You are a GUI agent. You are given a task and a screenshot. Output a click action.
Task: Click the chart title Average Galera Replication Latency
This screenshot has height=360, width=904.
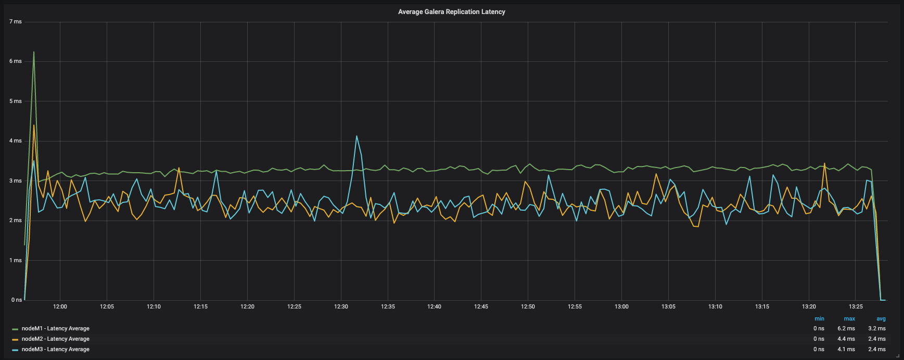pos(451,12)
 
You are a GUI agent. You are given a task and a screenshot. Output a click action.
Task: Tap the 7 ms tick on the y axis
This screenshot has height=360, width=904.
pos(16,22)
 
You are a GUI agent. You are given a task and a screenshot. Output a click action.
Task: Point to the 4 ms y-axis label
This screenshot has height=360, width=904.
pos(16,141)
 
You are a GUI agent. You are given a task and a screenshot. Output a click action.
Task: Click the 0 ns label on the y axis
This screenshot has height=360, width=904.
pos(16,300)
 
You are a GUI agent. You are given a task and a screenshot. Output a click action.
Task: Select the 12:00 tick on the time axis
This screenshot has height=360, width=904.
pos(60,307)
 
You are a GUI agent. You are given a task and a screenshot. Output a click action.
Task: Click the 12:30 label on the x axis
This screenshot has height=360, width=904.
pos(341,307)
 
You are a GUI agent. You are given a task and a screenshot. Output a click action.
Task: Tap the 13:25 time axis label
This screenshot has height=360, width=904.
pos(856,307)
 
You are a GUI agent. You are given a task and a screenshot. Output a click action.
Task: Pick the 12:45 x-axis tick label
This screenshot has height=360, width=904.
pos(481,307)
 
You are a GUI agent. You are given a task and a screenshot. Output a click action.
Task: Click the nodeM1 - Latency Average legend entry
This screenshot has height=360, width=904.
pos(55,329)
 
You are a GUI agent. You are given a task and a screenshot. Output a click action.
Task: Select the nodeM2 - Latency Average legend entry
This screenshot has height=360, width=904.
pos(55,339)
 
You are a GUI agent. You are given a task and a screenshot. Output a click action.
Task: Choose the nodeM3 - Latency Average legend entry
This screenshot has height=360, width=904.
pos(55,350)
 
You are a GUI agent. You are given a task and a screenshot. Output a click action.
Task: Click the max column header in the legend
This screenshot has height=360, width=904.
pos(849,319)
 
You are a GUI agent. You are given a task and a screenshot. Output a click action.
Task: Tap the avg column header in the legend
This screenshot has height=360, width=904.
pos(881,319)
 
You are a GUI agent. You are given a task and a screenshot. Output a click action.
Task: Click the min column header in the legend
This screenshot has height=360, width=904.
pos(819,319)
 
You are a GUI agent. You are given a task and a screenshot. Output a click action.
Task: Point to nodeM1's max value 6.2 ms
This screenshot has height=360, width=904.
pos(846,329)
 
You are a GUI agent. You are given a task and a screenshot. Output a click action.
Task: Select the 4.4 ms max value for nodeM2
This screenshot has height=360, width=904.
pos(846,339)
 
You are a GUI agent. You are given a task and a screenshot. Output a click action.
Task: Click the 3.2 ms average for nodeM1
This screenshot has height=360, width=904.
pos(876,329)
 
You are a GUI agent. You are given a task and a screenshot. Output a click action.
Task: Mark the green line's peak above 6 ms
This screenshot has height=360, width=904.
pos(34,52)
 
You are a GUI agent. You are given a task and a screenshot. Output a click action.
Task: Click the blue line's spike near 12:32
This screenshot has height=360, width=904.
pos(356,136)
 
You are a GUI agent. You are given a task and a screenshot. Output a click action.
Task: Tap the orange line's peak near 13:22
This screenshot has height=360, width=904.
pos(824,163)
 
